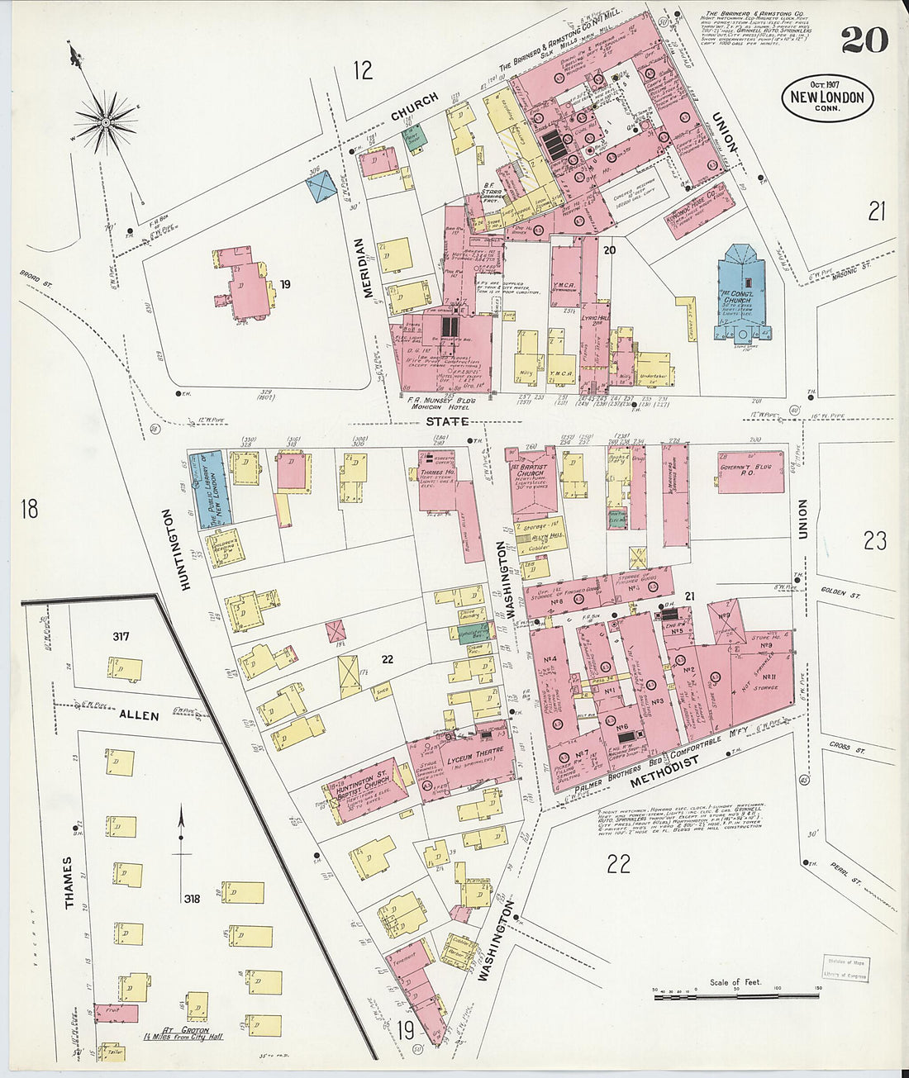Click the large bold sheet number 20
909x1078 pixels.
[x=864, y=39]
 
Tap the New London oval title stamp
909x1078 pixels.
[x=827, y=97]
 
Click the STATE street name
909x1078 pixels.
[x=448, y=422]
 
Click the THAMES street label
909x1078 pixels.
[x=69, y=882]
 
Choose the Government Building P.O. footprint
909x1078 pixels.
[x=750, y=472]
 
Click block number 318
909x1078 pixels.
[x=193, y=898]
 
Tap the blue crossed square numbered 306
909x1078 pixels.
[x=321, y=187]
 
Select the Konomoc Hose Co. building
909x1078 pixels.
[x=698, y=211]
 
